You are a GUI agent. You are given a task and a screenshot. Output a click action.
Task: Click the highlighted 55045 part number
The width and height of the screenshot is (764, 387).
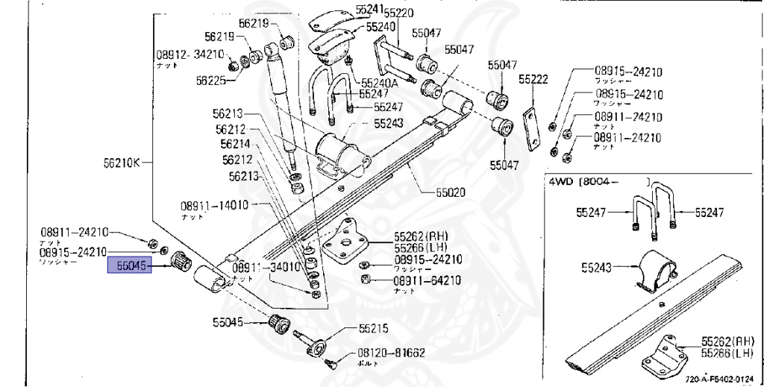point(130,265)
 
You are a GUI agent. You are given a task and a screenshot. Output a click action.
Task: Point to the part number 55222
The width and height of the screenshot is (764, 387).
point(533,79)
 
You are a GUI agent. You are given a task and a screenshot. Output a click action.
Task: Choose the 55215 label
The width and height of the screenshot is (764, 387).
point(373,328)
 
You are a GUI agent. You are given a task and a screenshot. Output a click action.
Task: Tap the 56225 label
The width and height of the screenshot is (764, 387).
point(211,80)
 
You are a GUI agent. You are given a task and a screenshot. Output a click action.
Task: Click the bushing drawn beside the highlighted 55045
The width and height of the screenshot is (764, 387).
point(178,262)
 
